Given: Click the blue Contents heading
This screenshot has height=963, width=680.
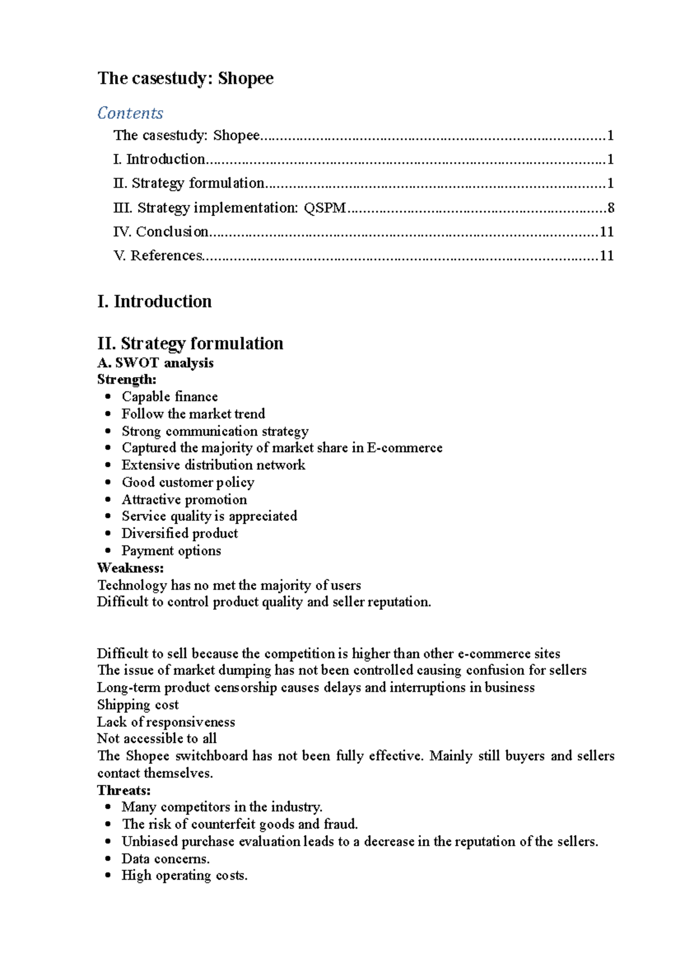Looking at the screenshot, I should point(130,113).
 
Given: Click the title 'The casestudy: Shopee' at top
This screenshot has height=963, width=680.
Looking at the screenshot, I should point(185,78).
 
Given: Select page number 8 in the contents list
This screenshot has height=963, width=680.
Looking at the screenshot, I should point(610,208).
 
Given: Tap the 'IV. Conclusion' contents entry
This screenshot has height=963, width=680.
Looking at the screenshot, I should point(161,231).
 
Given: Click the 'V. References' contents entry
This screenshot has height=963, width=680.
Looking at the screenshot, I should point(158,256).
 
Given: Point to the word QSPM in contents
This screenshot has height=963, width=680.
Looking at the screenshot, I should point(325,208).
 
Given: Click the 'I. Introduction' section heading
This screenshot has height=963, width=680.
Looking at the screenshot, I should point(154,301).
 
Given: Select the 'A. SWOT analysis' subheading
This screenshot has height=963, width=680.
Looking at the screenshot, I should point(155,363).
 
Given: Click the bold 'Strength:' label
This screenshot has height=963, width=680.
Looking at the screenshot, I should point(126,379).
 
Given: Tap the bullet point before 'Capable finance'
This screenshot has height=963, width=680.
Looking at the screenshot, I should point(108,397).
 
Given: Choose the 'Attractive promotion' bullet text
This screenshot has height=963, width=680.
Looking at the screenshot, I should point(184,500).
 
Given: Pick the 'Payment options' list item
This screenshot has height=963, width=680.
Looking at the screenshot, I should point(171,551).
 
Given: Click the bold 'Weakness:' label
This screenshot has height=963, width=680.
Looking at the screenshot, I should point(130,568).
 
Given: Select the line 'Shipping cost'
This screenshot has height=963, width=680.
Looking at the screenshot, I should point(138,705).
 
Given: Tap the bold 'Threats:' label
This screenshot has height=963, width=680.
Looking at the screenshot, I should point(124,790).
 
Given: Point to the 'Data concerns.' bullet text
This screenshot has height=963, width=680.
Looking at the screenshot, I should point(165,859).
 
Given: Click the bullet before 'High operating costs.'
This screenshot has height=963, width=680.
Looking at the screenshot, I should point(108,876).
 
